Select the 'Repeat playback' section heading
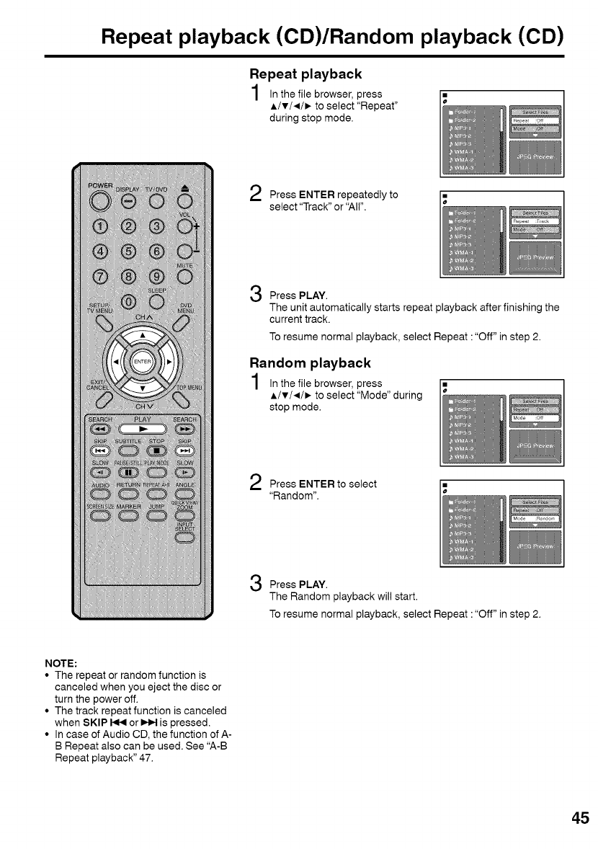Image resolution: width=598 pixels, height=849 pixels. point(305,74)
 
